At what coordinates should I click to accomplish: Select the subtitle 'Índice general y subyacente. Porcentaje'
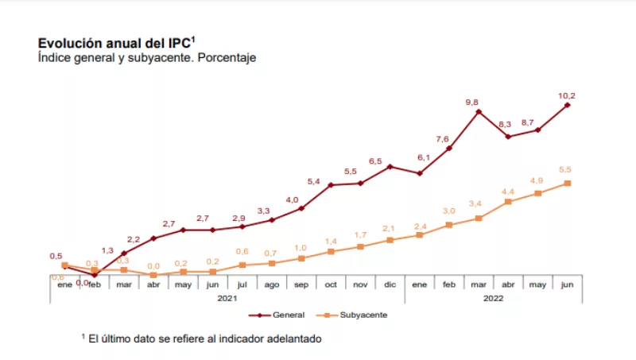(147, 58)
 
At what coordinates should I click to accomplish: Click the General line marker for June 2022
(568, 104)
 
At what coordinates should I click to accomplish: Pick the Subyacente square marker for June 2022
(568, 183)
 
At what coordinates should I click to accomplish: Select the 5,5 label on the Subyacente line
(565, 169)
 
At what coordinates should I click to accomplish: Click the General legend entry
(282, 315)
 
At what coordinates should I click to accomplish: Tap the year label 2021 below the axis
(228, 299)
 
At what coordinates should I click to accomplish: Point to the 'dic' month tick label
(390, 284)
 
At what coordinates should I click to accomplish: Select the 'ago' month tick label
(271, 284)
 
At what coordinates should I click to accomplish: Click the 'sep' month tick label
(301, 284)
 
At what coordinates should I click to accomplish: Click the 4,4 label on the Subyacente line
(507, 191)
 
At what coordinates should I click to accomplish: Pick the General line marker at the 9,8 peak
(479, 112)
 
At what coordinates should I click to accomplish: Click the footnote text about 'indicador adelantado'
(202, 339)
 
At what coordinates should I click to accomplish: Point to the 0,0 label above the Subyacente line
(153, 266)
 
